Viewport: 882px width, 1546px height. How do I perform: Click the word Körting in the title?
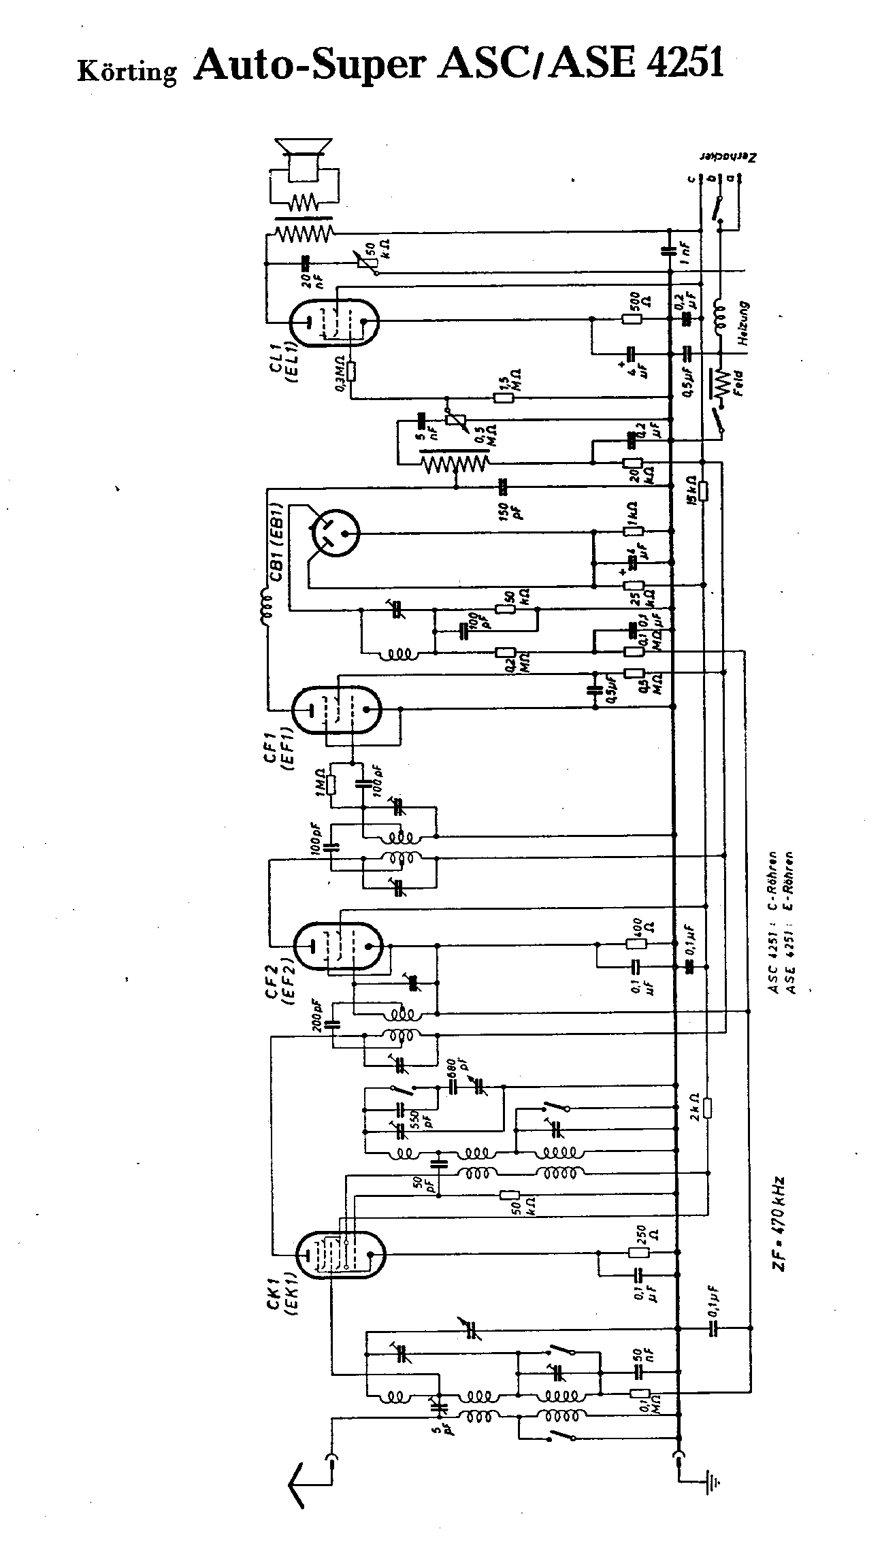127,71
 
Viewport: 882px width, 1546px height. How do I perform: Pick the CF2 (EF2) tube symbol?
338,947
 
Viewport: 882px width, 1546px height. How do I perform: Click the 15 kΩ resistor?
704,491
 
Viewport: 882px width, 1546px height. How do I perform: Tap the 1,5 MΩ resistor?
504,397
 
